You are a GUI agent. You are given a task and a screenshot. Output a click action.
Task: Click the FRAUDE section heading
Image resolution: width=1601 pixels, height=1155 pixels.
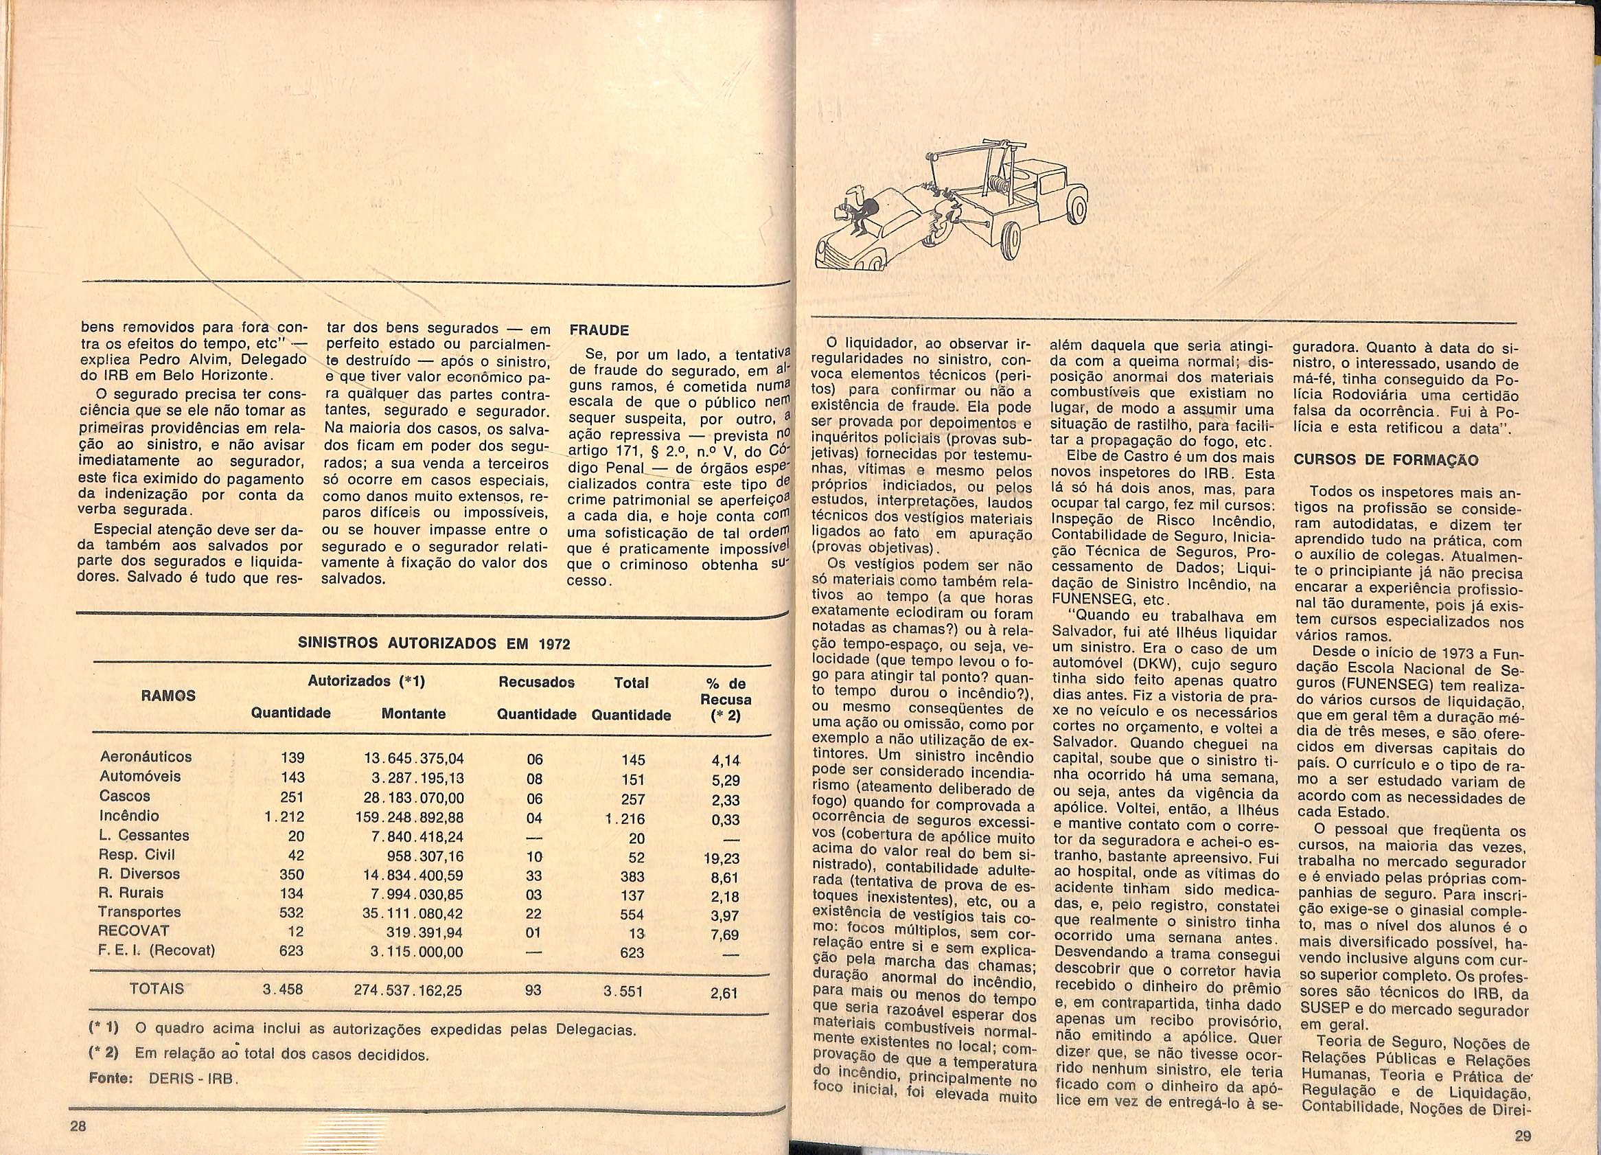coord(599,330)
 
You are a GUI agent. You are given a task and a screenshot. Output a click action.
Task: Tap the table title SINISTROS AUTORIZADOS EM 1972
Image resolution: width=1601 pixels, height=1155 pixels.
coord(434,644)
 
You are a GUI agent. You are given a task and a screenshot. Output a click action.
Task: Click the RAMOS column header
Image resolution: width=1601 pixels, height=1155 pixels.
coord(169,696)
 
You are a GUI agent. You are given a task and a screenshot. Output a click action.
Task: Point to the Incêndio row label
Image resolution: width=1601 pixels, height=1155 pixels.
coord(129,815)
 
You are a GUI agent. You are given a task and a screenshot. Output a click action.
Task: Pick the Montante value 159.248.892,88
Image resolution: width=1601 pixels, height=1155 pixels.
coord(408,818)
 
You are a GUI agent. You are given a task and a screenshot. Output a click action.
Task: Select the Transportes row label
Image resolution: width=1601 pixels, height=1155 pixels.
coord(140,911)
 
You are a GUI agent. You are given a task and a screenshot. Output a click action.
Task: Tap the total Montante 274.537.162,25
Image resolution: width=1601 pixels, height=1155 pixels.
coord(408,990)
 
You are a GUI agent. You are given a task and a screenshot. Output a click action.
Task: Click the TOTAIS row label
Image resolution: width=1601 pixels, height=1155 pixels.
coord(157,988)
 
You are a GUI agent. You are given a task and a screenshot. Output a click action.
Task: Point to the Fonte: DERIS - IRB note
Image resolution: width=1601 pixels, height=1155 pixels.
coord(164,1080)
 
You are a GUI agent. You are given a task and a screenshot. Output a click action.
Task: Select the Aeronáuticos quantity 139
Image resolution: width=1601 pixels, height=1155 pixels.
coord(292,757)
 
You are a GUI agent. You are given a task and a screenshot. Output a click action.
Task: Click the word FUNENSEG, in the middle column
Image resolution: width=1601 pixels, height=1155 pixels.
coord(1085,600)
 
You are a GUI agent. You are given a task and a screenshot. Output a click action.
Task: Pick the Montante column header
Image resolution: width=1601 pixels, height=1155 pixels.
coord(413,713)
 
